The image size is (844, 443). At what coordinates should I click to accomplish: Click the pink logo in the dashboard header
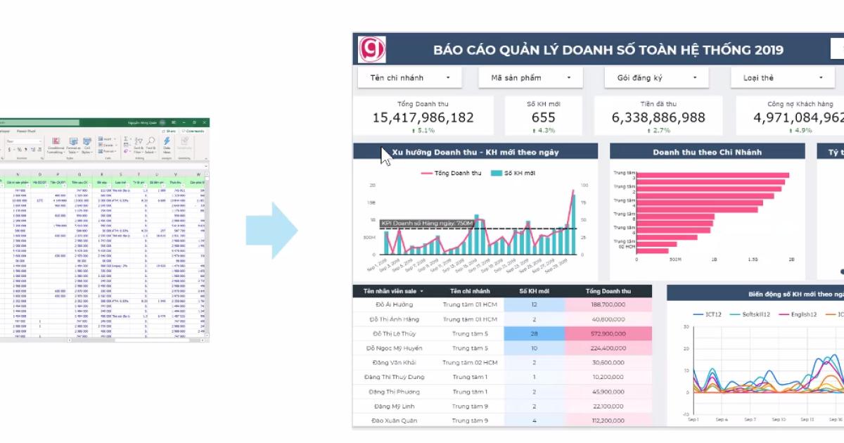click(372, 49)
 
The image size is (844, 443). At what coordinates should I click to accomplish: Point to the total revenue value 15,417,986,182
click(423, 117)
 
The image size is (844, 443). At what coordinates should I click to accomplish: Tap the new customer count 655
click(544, 117)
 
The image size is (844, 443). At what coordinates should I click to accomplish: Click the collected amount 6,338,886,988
click(658, 117)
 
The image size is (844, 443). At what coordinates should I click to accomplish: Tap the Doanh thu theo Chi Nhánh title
click(707, 152)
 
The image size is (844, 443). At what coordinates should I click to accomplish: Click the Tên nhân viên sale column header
click(394, 291)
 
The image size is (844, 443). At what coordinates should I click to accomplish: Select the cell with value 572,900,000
click(608, 333)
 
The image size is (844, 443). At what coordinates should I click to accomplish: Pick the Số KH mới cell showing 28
click(534, 333)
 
